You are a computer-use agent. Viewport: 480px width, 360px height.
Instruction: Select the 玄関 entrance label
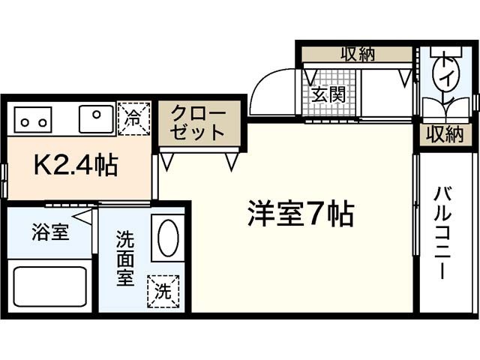(x=328, y=94)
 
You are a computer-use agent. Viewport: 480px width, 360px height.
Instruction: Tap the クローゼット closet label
(x=198, y=123)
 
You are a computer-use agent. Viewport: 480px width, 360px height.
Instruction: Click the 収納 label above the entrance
(x=357, y=54)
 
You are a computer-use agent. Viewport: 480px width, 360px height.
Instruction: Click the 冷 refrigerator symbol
(x=133, y=117)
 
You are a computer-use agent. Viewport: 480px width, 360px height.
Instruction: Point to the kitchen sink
(x=96, y=118)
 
